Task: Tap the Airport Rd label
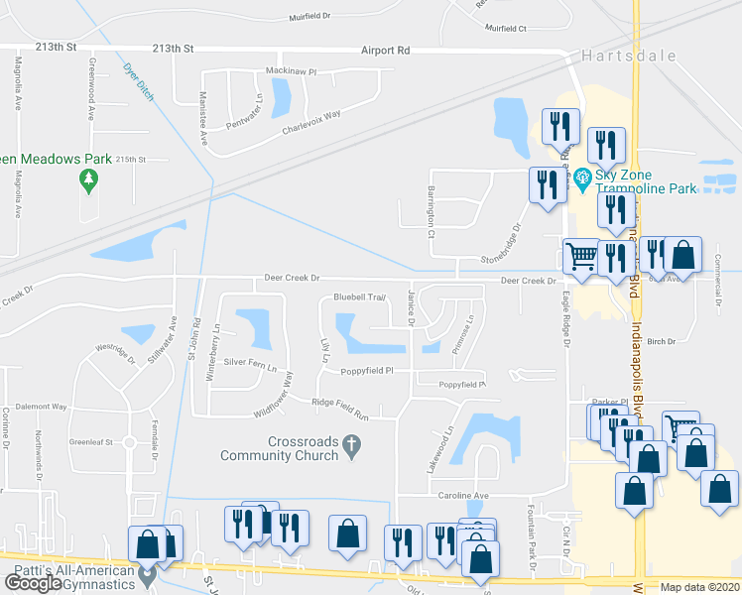(385, 50)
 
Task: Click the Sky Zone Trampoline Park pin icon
(581, 179)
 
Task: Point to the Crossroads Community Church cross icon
(350, 448)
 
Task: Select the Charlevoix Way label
(310, 122)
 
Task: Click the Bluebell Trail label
(359, 297)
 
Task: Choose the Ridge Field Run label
(340, 403)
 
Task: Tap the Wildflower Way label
(275, 394)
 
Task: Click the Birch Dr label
(660, 340)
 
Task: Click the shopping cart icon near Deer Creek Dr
(581, 255)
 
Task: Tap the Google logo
(33, 584)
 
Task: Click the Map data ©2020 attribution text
(699, 587)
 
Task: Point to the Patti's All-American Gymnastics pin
(148, 573)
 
